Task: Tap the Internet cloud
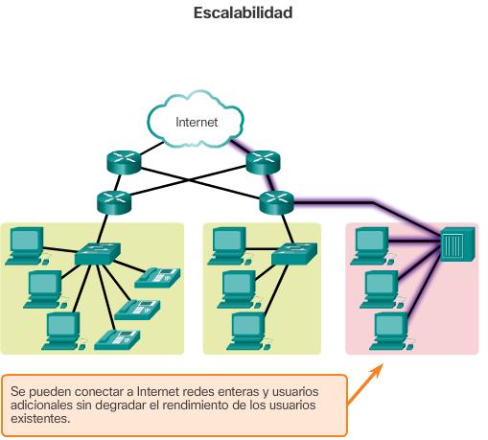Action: (x=197, y=122)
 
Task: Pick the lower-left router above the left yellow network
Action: (x=112, y=201)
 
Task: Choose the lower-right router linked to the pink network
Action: (x=276, y=201)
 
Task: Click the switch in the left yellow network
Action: (x=98, y=253)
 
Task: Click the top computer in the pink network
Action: (x=370, y=244)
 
